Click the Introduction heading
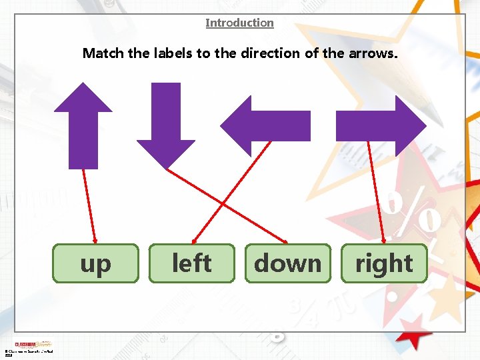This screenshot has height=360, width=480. click(239, 23)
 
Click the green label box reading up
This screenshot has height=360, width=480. click(95, 263)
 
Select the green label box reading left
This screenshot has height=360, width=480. click(191, 263)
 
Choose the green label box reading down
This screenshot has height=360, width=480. click(287, 263)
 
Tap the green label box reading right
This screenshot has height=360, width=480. click(384, 263)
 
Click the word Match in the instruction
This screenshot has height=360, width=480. click(103, 53)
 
